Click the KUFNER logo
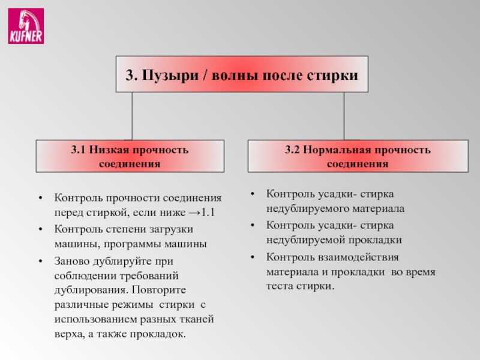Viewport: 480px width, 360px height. pos(25,26)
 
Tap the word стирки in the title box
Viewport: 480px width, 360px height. pos(336,76)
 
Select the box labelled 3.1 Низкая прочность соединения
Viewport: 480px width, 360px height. pos(130,156)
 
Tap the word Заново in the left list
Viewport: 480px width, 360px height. pos(71,262)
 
